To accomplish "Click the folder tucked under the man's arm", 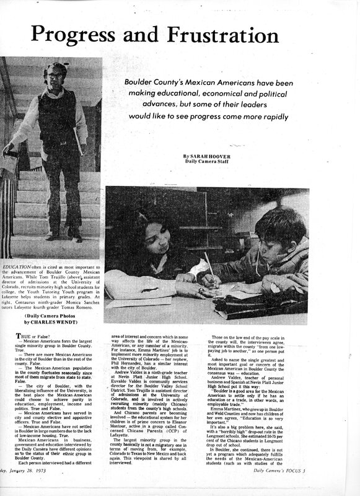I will [79, 139].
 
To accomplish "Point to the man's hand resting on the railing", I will [8, 148].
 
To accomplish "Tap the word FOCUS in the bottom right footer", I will [338, 489].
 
